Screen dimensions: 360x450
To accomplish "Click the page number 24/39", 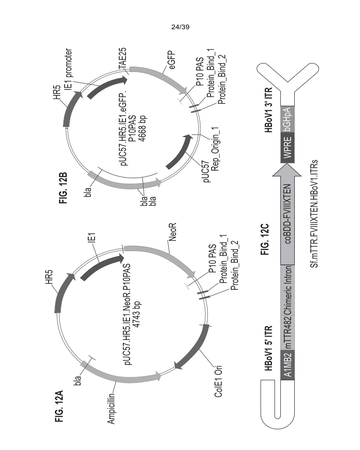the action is [180, 27].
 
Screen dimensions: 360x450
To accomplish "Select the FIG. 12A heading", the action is [59, 406].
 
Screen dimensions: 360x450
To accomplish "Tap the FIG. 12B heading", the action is [63, 188].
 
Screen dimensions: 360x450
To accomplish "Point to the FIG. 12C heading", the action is [265, 239].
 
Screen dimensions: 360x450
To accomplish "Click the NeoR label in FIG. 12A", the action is [172, 232].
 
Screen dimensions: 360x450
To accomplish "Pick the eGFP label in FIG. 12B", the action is [171, 60].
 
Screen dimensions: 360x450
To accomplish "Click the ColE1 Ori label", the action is [218, 382].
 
